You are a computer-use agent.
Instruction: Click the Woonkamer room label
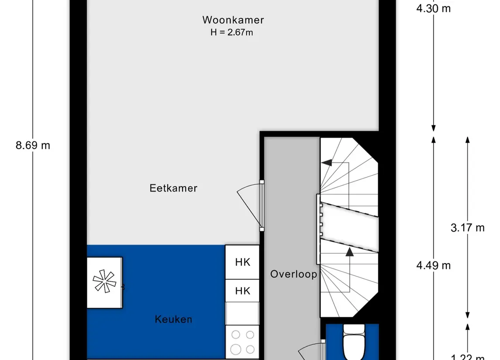pyautogui.click(x=233, y=20)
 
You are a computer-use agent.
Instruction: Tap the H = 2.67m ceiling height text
pyautogui.click(x=231, y=32)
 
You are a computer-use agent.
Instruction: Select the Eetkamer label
pyautogui.click(x=173, y=188)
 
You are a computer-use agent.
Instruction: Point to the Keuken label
pyautogui.click(x=173, y=319)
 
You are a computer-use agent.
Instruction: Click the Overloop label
pyautogui.click(x=293, y=274)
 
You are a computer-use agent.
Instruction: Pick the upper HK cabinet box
pyautogui.click(x=242, y=262)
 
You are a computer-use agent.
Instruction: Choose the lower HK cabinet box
pyautogui.click(x=242, y=291)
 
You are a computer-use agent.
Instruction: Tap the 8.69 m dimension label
pyautogui.click(x=33, y=145)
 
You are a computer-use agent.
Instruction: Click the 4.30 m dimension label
pyautogui.click(x=433, y=8)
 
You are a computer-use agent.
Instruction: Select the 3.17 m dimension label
pyautogui.click(x=467, y=227)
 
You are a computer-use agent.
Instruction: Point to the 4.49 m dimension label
pyautogui.click(x=433, y=265)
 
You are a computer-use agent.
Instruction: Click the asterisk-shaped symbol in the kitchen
pyautogui.click(x=104, y=282)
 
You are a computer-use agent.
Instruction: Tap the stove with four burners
pyautogui.click(x=242, y=342)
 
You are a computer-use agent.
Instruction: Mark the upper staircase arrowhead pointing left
pyautogui.click(x=325, y=163)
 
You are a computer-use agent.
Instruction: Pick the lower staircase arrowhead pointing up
pyautogui.click(x=349, y=252)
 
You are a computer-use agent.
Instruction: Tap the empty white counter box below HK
pyautogui.click(x=242, y=314)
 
